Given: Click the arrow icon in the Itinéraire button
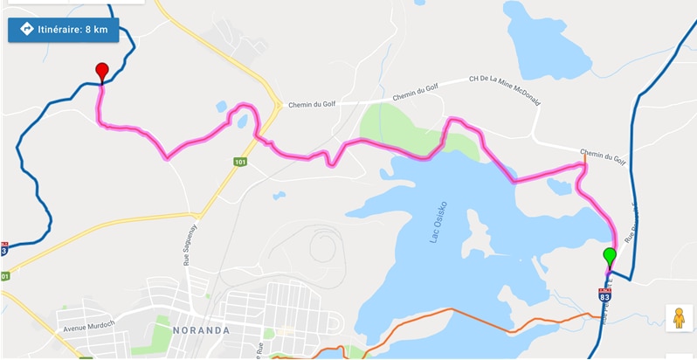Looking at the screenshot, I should point(25,29).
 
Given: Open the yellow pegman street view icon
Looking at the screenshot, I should point(679,317).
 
